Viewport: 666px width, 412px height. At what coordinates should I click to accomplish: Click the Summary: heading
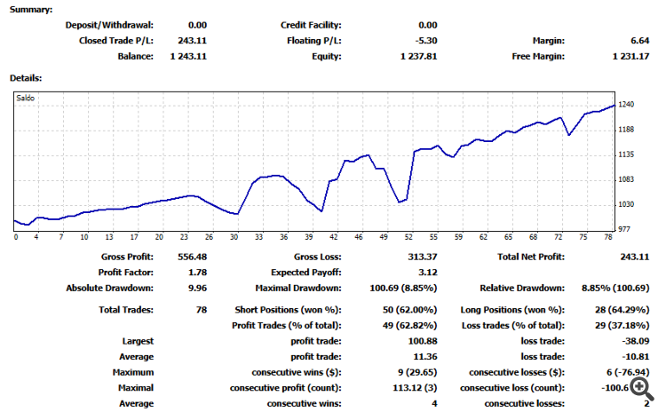(x=30, y=9)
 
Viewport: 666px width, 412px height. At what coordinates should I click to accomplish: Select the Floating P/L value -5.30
(x=424, y=40)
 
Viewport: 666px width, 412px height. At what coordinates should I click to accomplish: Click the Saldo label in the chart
(x=27, y=98)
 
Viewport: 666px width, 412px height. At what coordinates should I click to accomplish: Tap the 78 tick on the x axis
(x=607, y=237)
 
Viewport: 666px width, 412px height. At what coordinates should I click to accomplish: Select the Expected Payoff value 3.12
(x=427, y=272)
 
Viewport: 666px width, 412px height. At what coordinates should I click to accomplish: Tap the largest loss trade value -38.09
(x=637, y=340)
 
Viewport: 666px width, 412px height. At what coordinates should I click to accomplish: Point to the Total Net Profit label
(x=528, y=257)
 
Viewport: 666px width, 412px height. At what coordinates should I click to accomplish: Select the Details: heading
(x=26, y=78)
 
